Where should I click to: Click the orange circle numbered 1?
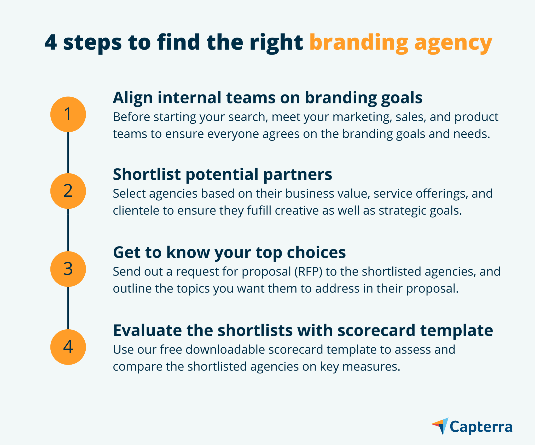pos(68,114)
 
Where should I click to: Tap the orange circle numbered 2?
pos(68,191)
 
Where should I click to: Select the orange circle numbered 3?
pos(68,269)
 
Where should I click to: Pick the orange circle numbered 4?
pos(68,347)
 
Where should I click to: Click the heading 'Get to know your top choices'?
pos(229,253)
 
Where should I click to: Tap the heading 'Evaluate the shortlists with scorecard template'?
pos(303,331)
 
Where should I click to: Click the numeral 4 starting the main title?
pos(51,42)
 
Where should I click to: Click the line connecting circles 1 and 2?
pos(68,153)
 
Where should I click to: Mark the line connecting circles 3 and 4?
pos(68,308)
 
